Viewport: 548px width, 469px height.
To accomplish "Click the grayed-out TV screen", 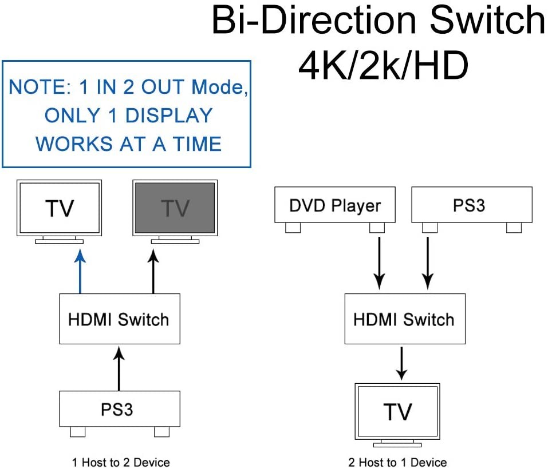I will tap(175, 208).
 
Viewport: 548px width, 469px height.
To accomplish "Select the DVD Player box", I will tap(335, 205).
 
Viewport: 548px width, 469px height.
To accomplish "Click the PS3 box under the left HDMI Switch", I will tap(119, 410).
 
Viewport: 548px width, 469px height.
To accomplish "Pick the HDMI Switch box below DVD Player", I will tap(404, 319).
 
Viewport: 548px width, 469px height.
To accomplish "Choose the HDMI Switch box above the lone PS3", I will tap(119, 319).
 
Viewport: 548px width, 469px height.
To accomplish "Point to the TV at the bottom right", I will tap(397, 411).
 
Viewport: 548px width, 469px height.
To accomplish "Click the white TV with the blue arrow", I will tap(60, 208).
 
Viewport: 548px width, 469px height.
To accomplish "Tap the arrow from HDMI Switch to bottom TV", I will tap(402, 363).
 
